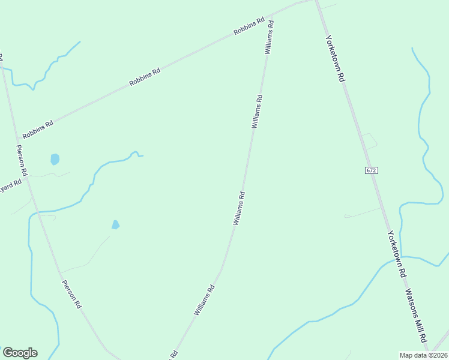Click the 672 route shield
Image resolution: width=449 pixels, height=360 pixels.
(x=371, y=170)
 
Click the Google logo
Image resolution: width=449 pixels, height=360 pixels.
(x=20, y=353)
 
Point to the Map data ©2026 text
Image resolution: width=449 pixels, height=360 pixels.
(x=423, y=355)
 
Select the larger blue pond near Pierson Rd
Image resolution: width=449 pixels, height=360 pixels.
(x=55, y=159)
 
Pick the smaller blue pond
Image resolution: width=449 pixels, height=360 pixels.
(x=115, y=225)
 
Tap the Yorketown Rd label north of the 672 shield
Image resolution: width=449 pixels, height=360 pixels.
(x=335, y=58)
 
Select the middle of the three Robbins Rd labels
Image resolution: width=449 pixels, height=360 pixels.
(x=145, y=77)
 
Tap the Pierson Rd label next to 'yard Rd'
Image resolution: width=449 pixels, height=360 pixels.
(x=22, y=160)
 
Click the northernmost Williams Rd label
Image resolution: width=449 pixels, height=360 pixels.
(x=270, y=37)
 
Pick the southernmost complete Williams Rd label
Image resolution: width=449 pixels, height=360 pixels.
(x=204, y=300)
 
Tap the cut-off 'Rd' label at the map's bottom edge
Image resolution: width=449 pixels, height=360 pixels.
(x=174, y=354)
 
